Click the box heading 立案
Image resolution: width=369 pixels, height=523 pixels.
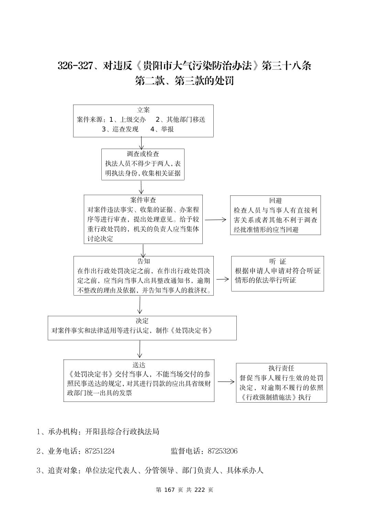click(x=143, y=110)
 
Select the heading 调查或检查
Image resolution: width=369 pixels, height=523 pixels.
click(x=143, y=154)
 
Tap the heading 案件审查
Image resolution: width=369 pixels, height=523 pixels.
click(x=143, y=200)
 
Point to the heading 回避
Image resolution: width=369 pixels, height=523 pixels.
click(x=276, y=201)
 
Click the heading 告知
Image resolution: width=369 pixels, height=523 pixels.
click(x=144, y=261)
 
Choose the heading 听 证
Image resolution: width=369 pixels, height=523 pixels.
click(x=278, y=261)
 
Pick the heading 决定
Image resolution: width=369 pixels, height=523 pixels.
click(x=142, y=321)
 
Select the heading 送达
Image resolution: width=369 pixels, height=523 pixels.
click(x=139, y=365)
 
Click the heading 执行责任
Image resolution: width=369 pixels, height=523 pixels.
click(x=281, y=368)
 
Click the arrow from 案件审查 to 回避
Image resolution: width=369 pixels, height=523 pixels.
click(x=216, y=220)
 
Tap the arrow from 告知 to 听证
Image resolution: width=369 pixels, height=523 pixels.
click(x=222, y=279)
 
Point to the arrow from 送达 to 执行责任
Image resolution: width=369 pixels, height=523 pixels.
click(x=226, y=382)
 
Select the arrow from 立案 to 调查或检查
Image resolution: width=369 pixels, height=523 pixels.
click(x=141, y=143)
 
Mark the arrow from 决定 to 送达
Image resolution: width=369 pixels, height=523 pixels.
click(x=139, y=350)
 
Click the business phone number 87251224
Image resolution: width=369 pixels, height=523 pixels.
click(x=100, y=451)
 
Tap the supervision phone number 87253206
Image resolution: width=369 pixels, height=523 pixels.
click(x=223, y=451)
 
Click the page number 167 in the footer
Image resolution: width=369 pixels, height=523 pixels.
click(x=170, y=490)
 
